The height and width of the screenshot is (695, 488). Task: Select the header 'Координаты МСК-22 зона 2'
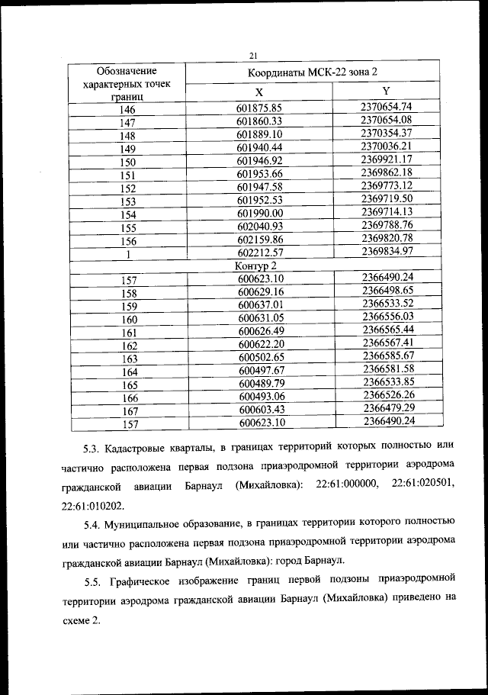coord(312,72)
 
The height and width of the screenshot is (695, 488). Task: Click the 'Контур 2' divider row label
coord(255,266)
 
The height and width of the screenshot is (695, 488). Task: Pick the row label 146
coord(127,108)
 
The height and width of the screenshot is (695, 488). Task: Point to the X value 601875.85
coord(260,108)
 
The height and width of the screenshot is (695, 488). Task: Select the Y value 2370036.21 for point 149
coord(387,145)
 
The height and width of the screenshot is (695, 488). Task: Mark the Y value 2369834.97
coord(387,251)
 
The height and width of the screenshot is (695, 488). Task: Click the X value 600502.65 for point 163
coord(261,357)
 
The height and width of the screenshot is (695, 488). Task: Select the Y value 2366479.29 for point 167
coord(388,408)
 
